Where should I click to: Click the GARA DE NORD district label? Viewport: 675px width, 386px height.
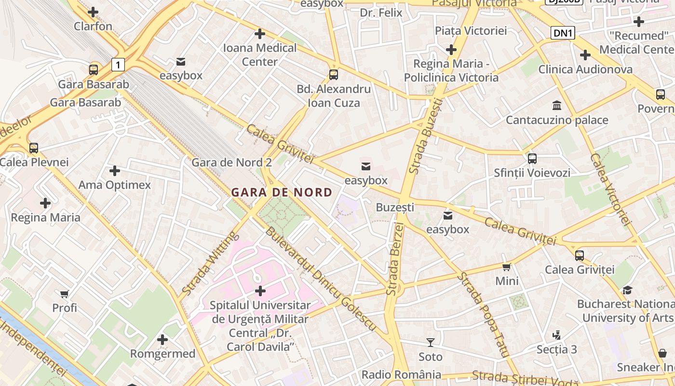[x=282, y=192]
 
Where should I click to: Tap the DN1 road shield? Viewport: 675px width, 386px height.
[x=563, y=33]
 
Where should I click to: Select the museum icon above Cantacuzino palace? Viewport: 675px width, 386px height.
[x=557, y=106]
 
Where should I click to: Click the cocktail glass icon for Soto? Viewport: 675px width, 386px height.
[x=431, y=343]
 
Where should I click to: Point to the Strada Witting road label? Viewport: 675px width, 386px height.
[x=210, y=263]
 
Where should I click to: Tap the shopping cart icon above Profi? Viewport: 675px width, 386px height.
[x=65, y=294]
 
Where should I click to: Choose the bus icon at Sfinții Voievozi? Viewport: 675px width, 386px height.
[x=532, y=158]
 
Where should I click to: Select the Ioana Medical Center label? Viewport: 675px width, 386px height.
[x=259, y=55]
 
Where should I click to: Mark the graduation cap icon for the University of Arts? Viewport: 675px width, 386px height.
[x=627, y=290]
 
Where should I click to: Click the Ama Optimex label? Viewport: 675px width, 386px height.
[x=114, y=185]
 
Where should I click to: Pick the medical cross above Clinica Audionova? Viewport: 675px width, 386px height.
[x=585, y=55]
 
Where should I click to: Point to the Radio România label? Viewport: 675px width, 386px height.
[x=401, y=374]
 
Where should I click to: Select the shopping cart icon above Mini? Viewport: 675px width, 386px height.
[x=506, y=267]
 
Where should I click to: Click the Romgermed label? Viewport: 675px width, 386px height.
[x=162, y=354]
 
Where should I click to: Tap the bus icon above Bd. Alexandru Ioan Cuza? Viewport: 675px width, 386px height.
[x=333, y=75]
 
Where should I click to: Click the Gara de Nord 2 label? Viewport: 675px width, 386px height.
[x=231, y=162]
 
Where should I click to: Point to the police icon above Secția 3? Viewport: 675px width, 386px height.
[x=556, y=335]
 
